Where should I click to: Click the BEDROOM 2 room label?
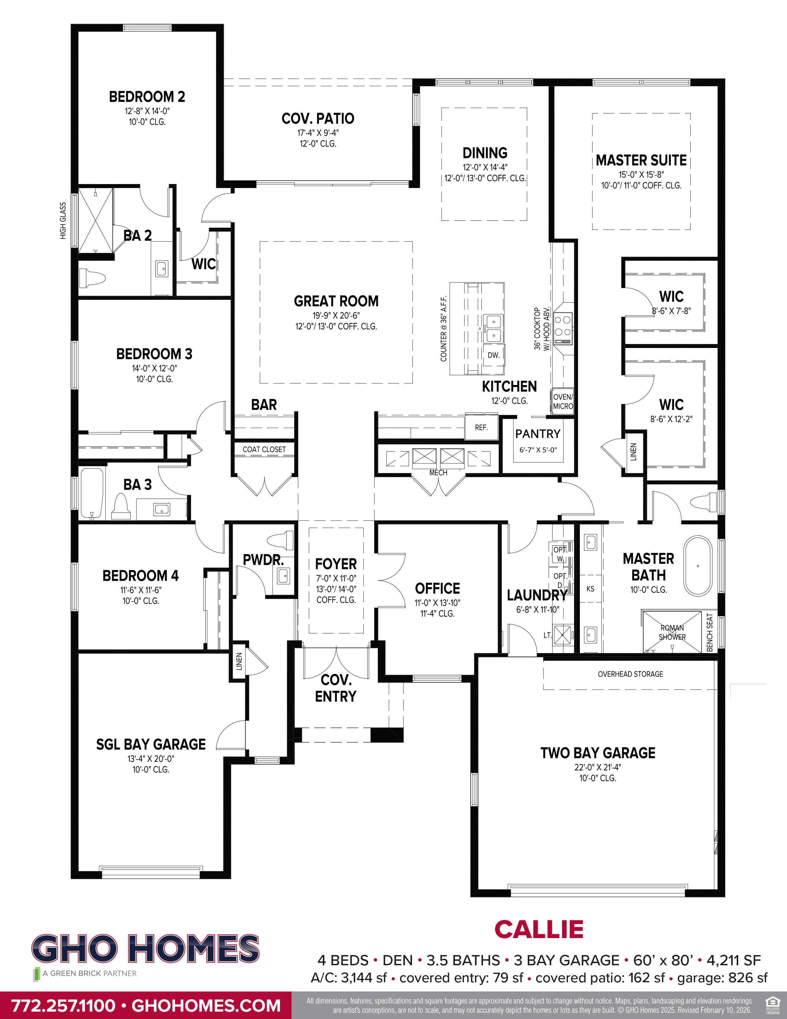click(147, 97)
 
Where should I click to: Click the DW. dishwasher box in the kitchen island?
click(493, 355)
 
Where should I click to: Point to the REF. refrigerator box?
click(481, 427)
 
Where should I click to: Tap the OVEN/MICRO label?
click(563, 401)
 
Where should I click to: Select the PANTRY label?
click(538, 434)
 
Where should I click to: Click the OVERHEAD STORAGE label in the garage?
click(630, 674)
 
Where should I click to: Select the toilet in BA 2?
click(92, 279)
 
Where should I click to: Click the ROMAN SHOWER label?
click(672, 632)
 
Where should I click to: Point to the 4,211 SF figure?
click(733, 960)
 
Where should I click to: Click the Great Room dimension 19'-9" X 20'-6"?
click(336, 315)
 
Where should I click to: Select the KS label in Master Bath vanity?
click(590, 589)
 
